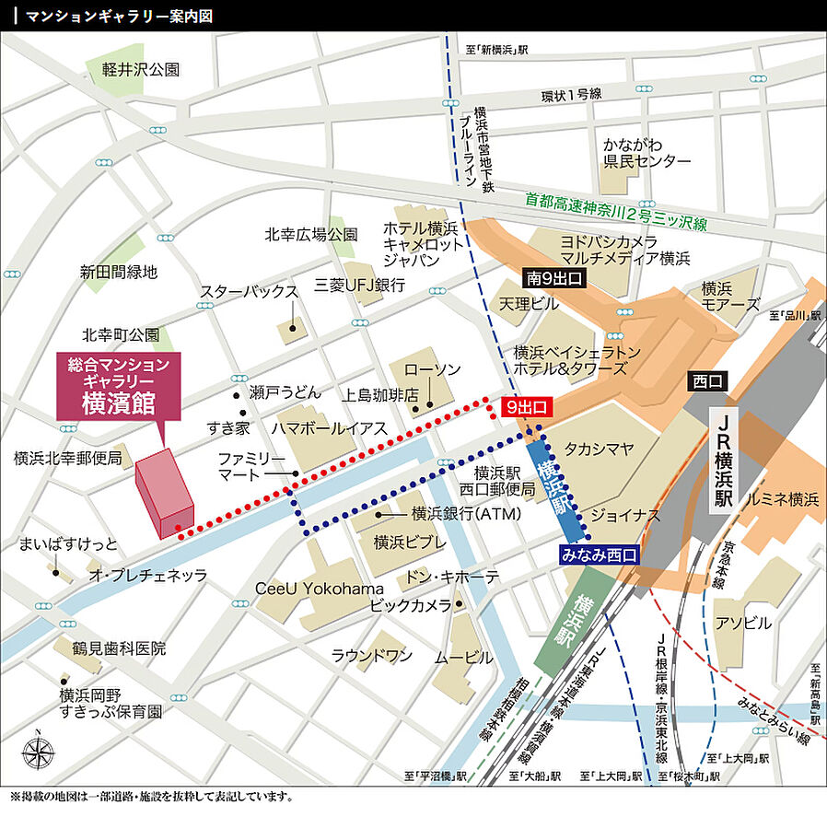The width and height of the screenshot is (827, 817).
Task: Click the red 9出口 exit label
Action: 527,405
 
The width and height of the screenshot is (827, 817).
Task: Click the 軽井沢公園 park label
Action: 141,69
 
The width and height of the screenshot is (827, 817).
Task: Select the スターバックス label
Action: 250,292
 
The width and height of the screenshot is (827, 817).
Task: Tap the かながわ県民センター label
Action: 646,152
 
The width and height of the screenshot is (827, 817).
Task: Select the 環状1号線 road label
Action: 570,95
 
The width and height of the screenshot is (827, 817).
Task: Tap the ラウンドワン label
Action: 372,656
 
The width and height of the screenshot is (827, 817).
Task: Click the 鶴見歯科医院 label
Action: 120,648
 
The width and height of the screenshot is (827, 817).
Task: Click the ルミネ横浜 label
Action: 785,499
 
